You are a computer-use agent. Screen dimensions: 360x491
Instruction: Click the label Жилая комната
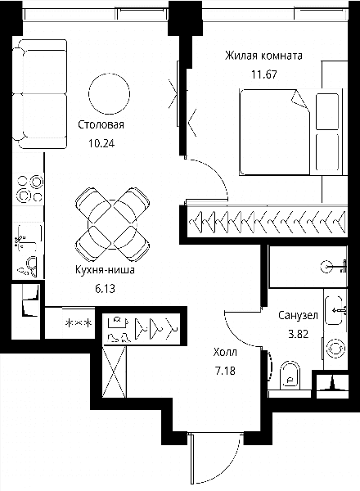click(263, 56)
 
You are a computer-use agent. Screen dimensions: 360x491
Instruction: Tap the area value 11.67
click(264, 74)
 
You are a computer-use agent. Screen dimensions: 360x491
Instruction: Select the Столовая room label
click(101, 124)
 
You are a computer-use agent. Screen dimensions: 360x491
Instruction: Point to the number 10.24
click(101, 143)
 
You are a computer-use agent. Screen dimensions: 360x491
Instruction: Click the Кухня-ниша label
click(105, 269)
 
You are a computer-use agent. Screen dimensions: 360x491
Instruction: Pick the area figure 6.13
click(106, 288)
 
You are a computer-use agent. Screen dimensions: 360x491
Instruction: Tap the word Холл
click(225, 353)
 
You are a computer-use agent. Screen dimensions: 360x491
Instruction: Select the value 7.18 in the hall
click(225, 371)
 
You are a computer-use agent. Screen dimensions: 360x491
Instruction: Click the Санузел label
click(298, 315)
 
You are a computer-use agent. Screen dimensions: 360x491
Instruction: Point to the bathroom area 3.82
click(299, 334)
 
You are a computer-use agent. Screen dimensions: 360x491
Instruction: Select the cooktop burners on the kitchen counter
click(29, 188)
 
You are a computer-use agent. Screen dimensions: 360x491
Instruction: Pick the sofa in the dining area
click(40, 94)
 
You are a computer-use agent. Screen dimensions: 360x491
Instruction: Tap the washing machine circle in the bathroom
click(335, 349)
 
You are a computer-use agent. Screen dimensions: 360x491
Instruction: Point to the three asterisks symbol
click(79, 323)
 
